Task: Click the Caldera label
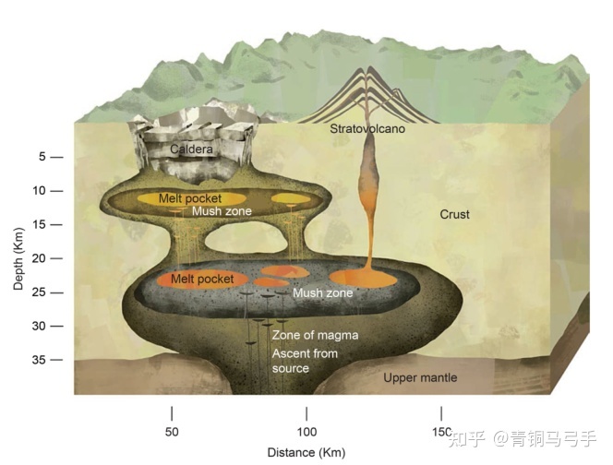coord(191,149)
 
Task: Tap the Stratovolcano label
coord(367,129)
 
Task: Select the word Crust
coord(454,215)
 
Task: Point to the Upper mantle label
coord(420,377)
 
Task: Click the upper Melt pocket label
coord(189,198)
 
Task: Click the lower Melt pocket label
coord(200,279)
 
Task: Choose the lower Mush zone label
coord(322,293)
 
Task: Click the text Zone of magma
coord(315,336)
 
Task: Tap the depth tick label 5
coord(42,157)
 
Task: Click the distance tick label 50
coord(172,432)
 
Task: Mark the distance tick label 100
coord(306,432)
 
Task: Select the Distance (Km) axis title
coord(306,453)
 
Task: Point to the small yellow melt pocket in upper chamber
coord(289,199)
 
